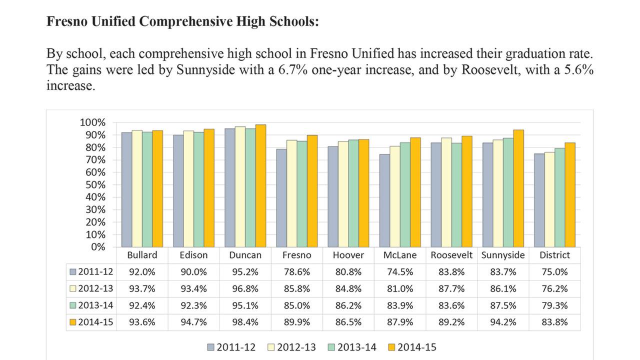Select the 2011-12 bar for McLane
tap(384, 200)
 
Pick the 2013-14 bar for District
tap(559, 197)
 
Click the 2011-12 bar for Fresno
tap(281, 198)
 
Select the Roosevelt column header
tap(451, 255)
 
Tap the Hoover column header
tap(348, 255)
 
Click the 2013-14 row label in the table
tap(91, 305)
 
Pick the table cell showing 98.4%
tap(245, 322)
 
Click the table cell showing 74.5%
tap(400, 272)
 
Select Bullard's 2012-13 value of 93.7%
tap(142, 289)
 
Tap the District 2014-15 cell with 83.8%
tap(554, 322)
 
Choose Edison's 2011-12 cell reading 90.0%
tap(193, 272)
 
